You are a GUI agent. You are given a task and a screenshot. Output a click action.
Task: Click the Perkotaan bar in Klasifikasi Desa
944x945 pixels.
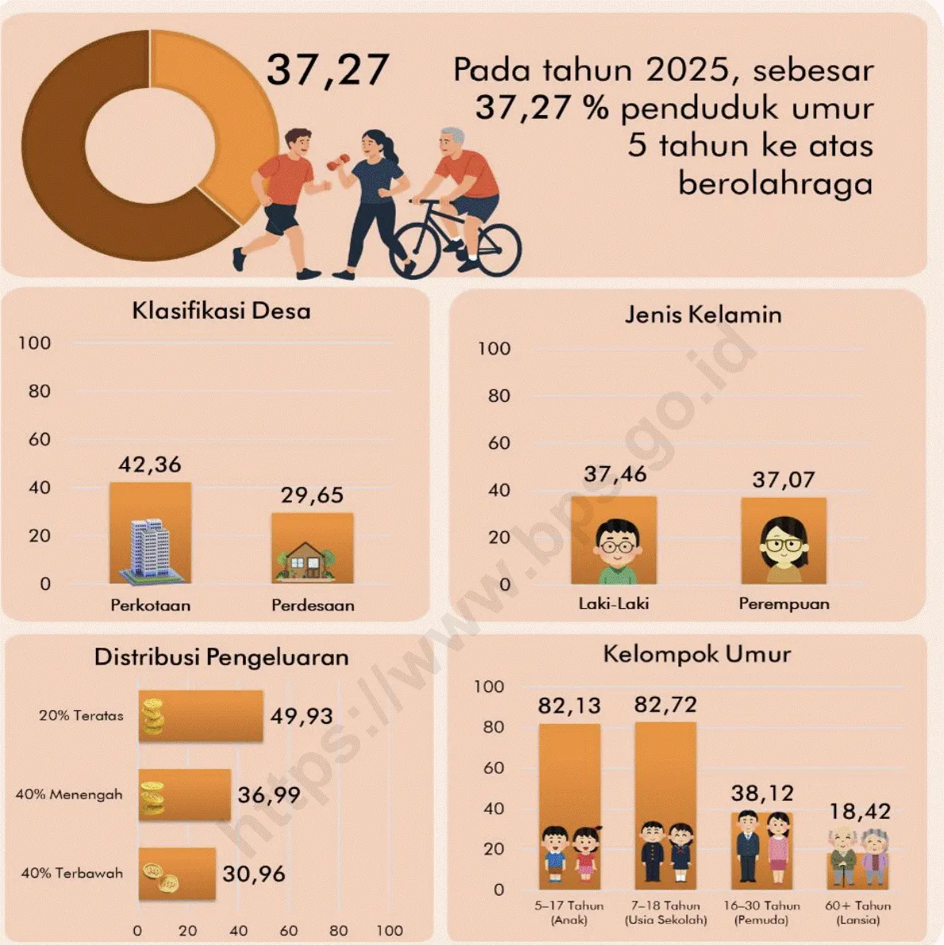(x=150, y=533)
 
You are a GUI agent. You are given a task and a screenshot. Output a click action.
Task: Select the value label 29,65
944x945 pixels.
(x=312, y=495)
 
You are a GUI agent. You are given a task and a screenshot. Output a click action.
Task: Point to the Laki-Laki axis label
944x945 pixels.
(x=613, y=603)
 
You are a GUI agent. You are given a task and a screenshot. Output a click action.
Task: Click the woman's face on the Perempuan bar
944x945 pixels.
(x=783, y=545)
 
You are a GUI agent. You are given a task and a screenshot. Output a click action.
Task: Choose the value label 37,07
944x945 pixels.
(x=784, y=480)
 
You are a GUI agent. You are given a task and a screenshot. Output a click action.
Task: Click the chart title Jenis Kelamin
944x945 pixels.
(x=704, y=315)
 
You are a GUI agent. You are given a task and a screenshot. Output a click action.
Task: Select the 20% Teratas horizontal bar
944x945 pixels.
(x=201, y=715)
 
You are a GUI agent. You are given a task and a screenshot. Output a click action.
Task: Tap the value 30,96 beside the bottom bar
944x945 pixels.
(x=254, y=874)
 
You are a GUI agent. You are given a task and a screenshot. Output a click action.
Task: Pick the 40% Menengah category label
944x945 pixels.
(x=69, y=794)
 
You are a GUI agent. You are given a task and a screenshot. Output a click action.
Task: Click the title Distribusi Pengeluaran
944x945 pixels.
(x=221, y=657)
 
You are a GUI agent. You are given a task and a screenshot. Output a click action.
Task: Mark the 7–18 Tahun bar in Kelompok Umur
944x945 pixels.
(x=666, y=805)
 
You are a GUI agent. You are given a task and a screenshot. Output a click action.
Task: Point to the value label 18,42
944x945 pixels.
(x=860, y=812)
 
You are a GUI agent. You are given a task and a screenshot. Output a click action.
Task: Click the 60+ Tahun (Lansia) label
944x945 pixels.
(x=858, y=912)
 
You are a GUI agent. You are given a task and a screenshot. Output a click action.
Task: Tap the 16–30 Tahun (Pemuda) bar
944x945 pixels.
(x=762, y=851)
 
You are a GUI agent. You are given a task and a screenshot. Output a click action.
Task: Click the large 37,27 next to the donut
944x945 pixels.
(x=328, y=70)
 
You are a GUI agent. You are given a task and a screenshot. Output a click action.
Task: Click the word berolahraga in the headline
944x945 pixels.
(x=776, y=184)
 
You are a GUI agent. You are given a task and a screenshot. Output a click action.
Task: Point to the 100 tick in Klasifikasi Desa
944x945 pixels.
(x=34, y=343)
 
